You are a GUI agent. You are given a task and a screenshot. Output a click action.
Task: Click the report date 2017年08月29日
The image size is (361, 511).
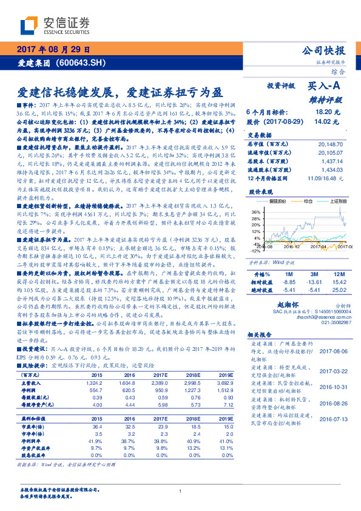53,50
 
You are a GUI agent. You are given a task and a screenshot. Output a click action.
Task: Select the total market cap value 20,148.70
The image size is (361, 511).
330,144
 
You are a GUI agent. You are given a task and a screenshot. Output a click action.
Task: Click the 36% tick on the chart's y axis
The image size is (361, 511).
255,212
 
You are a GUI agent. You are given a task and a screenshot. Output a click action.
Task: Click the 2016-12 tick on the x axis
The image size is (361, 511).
293,247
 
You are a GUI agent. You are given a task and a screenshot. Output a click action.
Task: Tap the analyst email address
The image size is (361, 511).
317,316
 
